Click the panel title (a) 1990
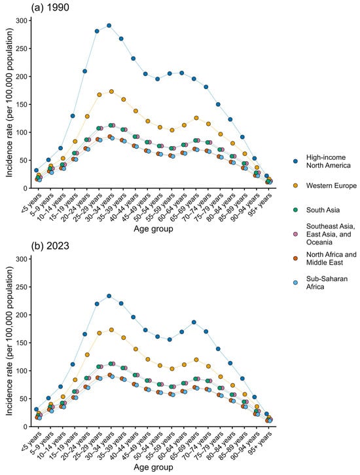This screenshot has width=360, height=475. tap(50, 7)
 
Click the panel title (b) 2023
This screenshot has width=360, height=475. tap(50, 246)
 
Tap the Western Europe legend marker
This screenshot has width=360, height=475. tap(296, 185)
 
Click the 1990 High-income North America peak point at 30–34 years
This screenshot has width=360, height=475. tap(109, 26)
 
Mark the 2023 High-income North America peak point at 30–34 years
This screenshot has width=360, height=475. tap(109, 296)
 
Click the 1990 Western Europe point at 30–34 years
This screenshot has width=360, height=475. tap(111, 92)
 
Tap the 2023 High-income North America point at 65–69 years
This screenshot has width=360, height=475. tap(194, 322)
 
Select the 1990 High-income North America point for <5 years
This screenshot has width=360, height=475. tap(36, 170)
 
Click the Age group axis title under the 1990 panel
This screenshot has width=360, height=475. tap(153, 229)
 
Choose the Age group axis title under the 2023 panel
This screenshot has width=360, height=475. tap(153, 467)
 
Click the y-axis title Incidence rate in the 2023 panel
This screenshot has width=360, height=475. tap(9, 341)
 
